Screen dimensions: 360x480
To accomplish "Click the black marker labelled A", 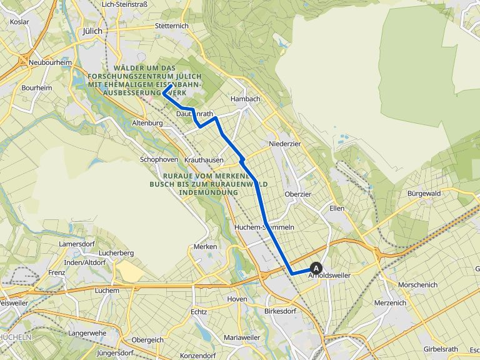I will [x=316, y=268].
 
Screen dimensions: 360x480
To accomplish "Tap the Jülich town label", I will [x=92, y=31].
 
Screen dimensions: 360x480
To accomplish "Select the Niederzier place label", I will [x=285, y=143].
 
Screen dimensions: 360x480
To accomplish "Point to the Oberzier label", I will [x=297, y=194].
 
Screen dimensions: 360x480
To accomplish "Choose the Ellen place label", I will [x=337, y=208].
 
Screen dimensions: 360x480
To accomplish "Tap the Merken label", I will [x=206, y=246].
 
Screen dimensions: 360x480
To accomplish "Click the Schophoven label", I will [x=159, y=159].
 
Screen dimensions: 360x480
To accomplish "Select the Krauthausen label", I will [x=204, y=161].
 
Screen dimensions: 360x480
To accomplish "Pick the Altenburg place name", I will [x=147, y=124].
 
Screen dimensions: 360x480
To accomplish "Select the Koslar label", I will [x=20, y=21].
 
